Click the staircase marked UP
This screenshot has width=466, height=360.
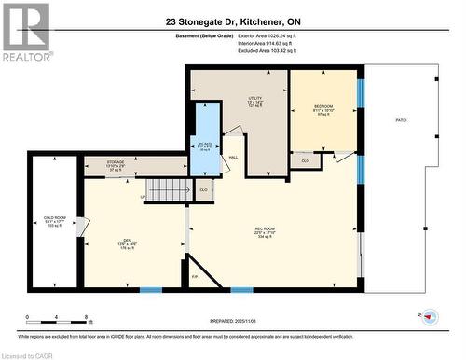pyautogui.click(x=168, y=189)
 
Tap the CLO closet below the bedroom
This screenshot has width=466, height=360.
pyautogui.click(x=305, y=161)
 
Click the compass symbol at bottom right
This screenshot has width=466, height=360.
pyautogui.click(x=430, y=317)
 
